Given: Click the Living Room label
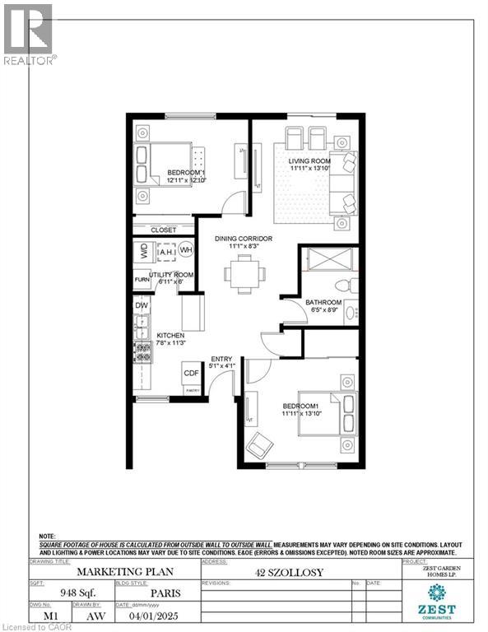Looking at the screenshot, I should (309, 164).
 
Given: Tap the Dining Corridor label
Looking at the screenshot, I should (244, 239).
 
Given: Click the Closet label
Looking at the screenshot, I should (165, 230).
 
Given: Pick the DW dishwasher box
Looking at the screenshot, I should (142, 305).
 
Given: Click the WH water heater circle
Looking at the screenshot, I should (186, 250).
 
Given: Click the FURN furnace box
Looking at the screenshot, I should (142, 281).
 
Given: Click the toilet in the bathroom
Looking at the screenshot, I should (352, 285).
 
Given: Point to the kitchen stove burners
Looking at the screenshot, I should (143, 352).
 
